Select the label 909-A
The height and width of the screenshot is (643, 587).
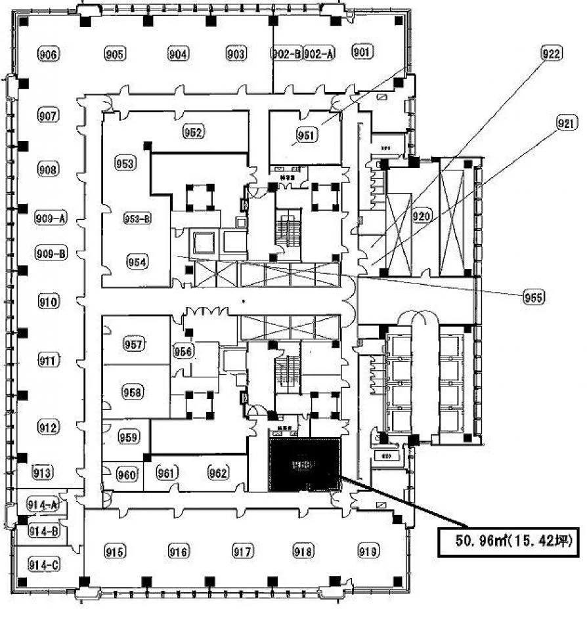click(x=51, y=220)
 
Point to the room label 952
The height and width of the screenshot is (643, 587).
click(x=193, y=132)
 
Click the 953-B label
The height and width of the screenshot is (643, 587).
click(x=138, y=220)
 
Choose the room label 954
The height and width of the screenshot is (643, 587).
click(x=137, y=262)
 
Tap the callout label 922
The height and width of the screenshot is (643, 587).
click(x=551, y=55)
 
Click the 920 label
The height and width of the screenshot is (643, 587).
click(x=422, y=216)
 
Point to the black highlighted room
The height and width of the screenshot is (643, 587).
click(x=305, y=465)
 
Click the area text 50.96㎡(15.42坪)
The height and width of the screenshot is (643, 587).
click(x=508, y=541)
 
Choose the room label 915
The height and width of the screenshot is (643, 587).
click(x=114, y=552)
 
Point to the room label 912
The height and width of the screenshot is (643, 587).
click(x=49, y=428)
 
